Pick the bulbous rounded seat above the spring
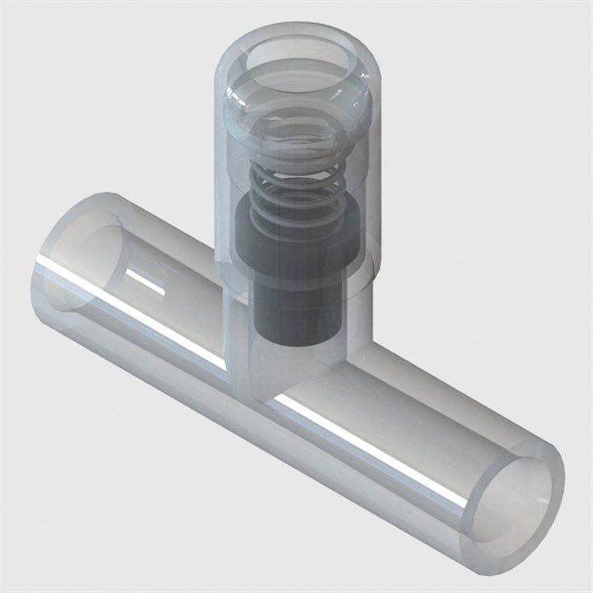[298, 124]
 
